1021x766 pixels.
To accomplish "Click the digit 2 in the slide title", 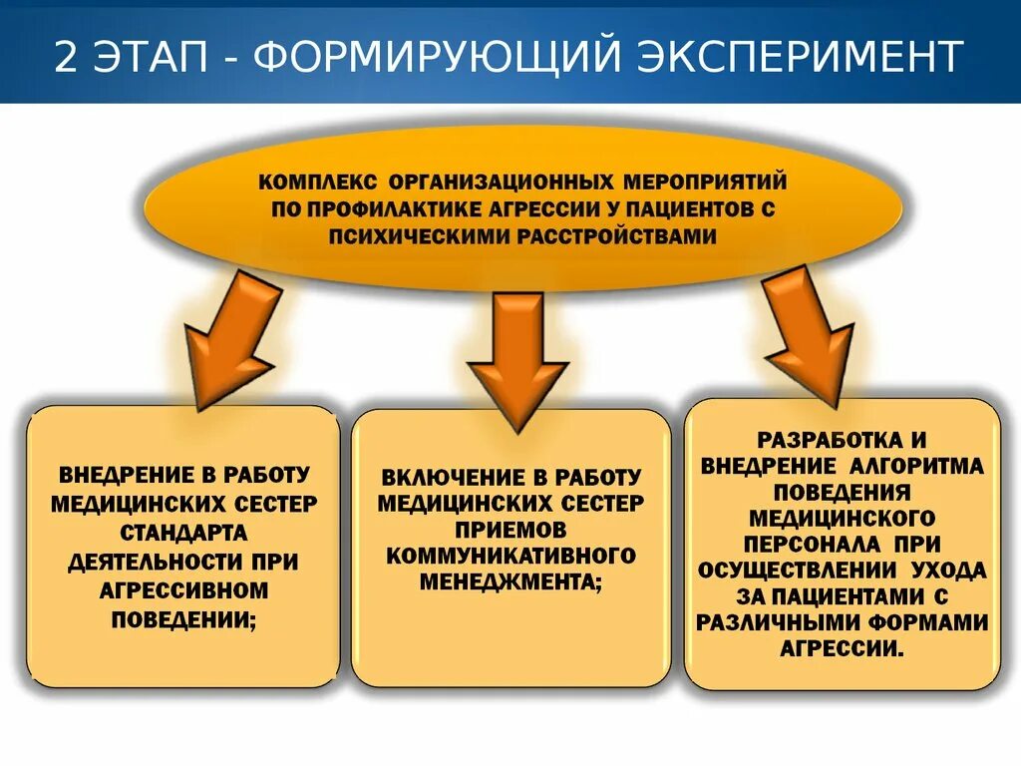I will pos(66,59).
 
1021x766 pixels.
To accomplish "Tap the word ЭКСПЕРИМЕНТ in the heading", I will pos(796,59).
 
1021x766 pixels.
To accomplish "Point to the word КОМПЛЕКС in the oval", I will pos(318,184).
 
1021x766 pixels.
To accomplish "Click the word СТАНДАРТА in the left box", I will pos(183,534).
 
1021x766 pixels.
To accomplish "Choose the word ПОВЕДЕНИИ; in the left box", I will pos(183,619).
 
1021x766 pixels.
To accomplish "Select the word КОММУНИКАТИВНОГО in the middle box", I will pos(510,555).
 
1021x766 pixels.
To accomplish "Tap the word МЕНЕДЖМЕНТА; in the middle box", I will pos(510,581).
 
